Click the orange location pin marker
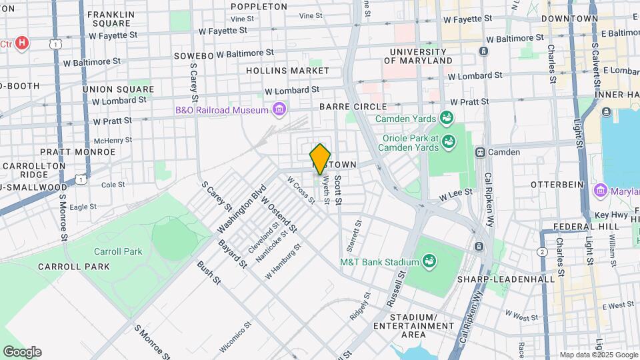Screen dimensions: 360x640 click(x=320, y=159)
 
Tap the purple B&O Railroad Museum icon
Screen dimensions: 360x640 click(x=279, y=109)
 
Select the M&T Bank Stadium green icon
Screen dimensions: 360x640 click(x=430, y=261)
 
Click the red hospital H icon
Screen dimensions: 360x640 click(x=23, y=44)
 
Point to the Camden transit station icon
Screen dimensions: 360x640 click(x=479, y=152)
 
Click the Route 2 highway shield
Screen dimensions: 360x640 click(x=543, y=252)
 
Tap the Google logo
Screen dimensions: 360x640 click(x=22, y=351)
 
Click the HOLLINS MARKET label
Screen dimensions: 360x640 click(x=278, y=70)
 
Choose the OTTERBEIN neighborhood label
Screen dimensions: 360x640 click(x=557, y=183)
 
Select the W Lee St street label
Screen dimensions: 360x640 click(x=455, y=193)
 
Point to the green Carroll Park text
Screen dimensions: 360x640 click(x=118, y=251)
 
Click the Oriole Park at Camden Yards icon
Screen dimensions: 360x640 click(x=449, y=141)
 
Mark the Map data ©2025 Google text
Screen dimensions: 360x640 click(x=599, y=355)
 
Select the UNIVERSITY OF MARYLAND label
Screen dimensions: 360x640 click(x=421, y=56)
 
